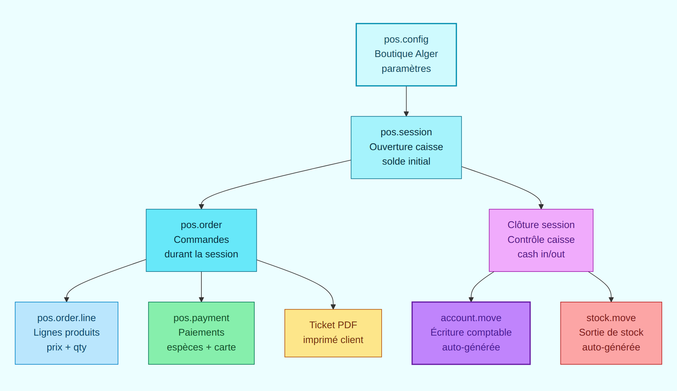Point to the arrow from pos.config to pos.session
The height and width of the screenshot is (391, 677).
(406, 101)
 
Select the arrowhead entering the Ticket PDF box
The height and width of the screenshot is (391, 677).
(333, 307)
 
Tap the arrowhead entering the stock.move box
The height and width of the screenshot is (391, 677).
(611, 300)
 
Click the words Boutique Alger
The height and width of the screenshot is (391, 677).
(406, 54)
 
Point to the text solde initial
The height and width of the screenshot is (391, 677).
(406, 161)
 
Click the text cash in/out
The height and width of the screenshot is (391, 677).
(541, 254)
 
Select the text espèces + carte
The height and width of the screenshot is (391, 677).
(201, 347)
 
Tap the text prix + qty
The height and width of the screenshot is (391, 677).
(66, 347)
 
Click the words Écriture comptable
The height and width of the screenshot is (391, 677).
(471, 332)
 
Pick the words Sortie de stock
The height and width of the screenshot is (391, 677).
(611, 332)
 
